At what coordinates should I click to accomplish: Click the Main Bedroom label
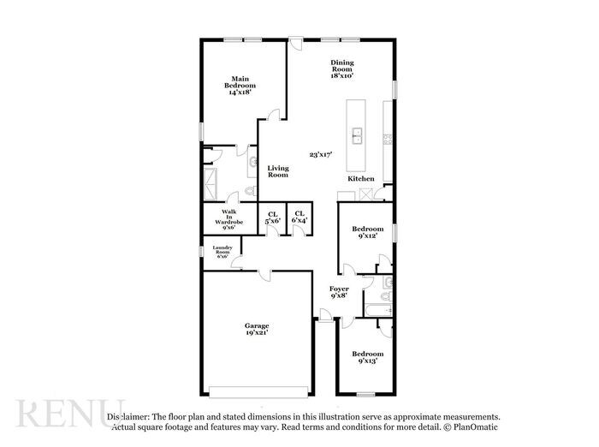[240, 85]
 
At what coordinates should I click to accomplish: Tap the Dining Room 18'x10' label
[342, 69]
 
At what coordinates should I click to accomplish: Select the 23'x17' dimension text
[320, 155]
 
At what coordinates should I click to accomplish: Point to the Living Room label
[277, 171]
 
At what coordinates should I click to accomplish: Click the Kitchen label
[360, 178]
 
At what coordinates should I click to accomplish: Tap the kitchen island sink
[356, 134]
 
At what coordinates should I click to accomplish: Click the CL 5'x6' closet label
[273, 218]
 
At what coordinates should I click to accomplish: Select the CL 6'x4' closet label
[299, 218]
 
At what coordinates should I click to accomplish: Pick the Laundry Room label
[222, 252]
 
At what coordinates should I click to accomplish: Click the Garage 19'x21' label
[257, 329]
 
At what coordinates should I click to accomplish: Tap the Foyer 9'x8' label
[339, 293]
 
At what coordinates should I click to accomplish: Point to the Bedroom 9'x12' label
[368, 232]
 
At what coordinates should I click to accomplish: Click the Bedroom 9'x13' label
[368, 357]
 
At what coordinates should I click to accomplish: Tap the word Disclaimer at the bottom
[128, 414]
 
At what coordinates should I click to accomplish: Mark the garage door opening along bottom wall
[257, 393]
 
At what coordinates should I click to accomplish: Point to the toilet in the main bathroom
[249, 191]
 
